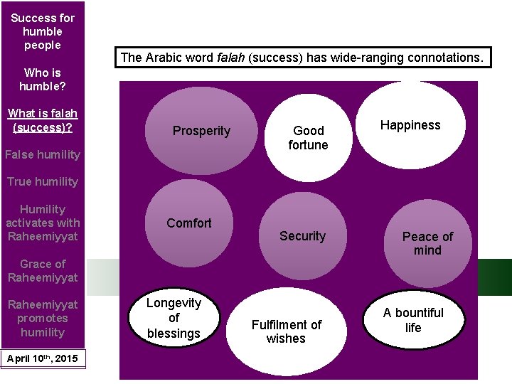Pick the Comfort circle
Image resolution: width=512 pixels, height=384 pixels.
pyautogui.click(x=188, y=223)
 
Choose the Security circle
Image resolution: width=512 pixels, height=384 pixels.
pyautogui.click(x=302, y=235)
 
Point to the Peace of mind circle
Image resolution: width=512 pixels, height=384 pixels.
pyautogui.click(x=427, y=242)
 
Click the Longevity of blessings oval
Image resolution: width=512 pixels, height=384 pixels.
pyautogui.click(x=174, y=318)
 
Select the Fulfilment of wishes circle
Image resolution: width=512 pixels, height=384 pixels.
pyautogui.click(x=286, y=331)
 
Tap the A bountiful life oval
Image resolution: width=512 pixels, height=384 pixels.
pyautogui.click(x=413, y=320)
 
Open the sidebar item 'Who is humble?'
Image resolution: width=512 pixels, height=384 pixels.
pyautogui.click(x=43, y=79)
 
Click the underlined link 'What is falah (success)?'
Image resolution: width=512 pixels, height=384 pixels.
pyautogui.click(x=43, y=120)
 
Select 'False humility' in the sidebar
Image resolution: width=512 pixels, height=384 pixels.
pyautogui.click(x=43, y=154)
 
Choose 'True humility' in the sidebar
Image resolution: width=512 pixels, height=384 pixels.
pyautogui.click(x=43, y=181)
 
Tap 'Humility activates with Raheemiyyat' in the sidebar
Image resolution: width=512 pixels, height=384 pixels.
pyautogui.click(x=43, y=223)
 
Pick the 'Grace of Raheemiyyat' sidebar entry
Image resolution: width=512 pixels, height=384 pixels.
pyautogui.click(x=43, y=270)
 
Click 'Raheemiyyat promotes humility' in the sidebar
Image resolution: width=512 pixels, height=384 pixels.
pyautogui.click(x=43, y=318)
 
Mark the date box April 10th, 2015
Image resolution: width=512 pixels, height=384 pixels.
pyautogui.click(x=43, y=358)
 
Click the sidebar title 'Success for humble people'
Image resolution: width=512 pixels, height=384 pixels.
pyautogui.click(x=43, y=31)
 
